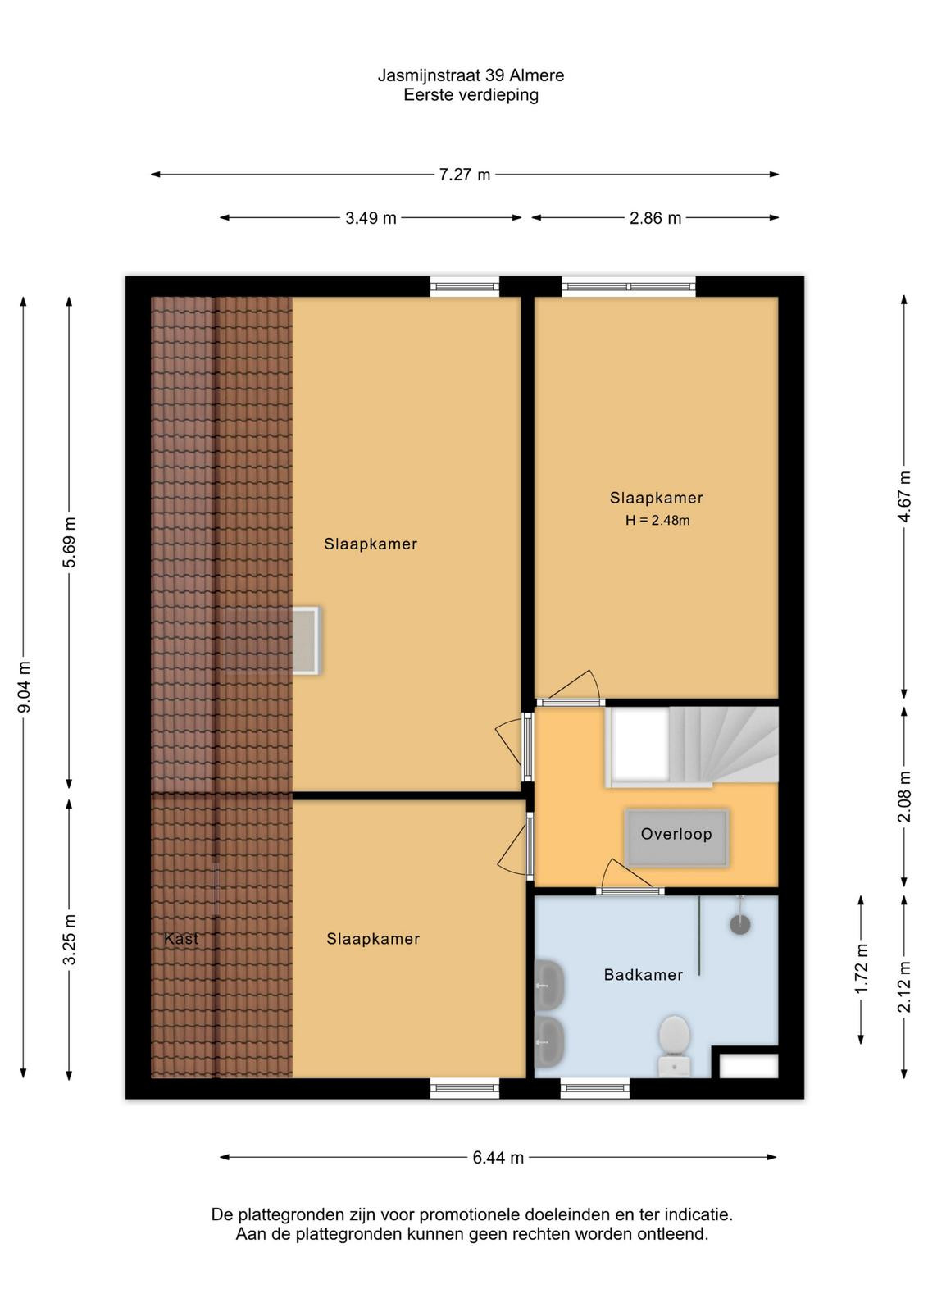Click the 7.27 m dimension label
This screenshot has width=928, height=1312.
click(464, 175)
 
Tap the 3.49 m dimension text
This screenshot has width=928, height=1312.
click(371, 218)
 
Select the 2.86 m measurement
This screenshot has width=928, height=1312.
click(655, 218)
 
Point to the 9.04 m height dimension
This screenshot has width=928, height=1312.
click(24, 686)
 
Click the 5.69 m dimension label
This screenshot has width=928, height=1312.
click(70, 542)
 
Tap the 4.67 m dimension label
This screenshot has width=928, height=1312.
click(904, 497)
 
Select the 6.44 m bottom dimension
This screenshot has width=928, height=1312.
click(498, 1157)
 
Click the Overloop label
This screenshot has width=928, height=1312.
click(676, 834)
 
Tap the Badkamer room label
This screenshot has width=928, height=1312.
click(644, 975)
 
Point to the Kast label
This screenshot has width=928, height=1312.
click(181, 939)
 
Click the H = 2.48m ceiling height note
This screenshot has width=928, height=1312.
click(657, 520)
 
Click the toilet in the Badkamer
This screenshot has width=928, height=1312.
click(674, 1046)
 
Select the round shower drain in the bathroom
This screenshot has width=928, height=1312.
click(740, 925)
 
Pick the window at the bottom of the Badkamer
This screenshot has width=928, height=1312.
click(595, 1089)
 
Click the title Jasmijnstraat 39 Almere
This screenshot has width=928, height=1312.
click(471, 75)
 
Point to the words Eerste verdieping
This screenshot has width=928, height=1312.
click(471, 95)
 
